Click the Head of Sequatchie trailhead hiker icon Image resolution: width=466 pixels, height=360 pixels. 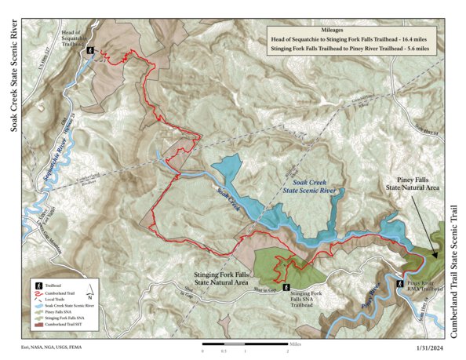point(92,50)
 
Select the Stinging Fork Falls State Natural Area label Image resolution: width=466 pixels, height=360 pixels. point(225,278)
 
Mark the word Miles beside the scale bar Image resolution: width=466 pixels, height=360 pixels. point(295,344)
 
